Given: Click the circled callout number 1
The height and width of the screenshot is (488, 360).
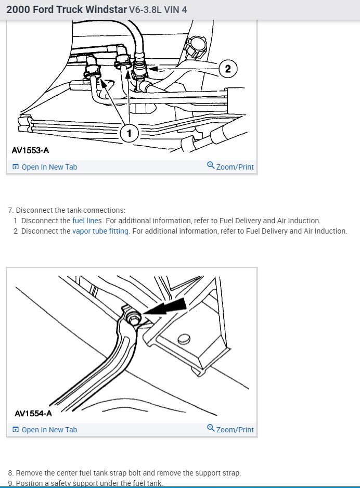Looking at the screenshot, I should pos(130,133).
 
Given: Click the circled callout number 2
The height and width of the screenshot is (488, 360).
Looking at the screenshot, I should pos(227,68).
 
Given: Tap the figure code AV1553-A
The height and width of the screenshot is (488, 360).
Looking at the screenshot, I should pos(31,150).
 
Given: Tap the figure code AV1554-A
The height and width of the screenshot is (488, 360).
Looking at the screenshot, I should pos(33,414).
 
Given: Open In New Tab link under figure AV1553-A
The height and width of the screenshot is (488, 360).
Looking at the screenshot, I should pos(49,167).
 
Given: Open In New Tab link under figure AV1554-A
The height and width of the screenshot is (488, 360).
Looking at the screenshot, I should pos(49,430).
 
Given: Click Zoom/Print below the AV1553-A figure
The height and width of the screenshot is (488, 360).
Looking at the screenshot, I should pos(235,167).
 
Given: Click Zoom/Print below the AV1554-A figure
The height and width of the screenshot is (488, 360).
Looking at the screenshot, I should pos(235,430).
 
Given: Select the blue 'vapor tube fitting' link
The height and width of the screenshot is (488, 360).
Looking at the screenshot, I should pos(100,231).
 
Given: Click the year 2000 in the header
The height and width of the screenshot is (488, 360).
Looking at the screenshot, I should pos(17,10).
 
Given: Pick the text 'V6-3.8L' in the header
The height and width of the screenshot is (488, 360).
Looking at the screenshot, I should pos(146,10).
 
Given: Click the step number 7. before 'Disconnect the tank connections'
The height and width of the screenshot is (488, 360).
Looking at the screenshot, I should pos(11,210).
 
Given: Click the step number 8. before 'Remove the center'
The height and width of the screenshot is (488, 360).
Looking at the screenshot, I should pos(11,473).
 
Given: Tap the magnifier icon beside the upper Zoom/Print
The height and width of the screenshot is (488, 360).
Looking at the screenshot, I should pos(211,165).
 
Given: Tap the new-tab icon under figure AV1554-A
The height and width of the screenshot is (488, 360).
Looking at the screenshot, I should pos(16,430).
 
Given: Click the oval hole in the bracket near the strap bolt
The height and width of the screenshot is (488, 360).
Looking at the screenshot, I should pos(183,340).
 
